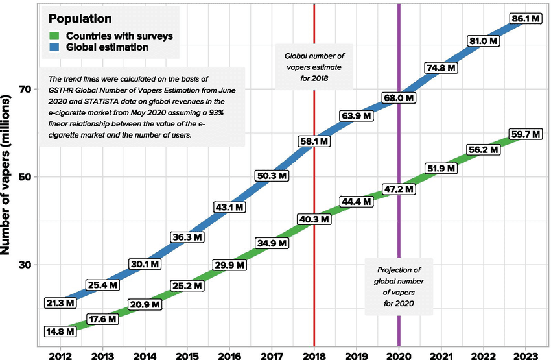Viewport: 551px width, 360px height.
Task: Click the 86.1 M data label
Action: tap(525, 18)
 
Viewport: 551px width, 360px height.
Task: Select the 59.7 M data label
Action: tap(525, 135)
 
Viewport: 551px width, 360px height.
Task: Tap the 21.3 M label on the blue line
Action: tap(61, 303)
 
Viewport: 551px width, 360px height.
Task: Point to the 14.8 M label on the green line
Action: tap(61, 331)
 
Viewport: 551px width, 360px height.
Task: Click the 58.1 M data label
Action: tap(315, 140)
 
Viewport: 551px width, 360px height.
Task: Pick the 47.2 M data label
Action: tap(399, 188)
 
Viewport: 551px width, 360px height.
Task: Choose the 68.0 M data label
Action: tap(399, 99)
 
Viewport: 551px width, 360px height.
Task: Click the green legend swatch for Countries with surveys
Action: tap(55, 35)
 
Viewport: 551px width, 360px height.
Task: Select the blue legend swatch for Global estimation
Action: tap(55, 47)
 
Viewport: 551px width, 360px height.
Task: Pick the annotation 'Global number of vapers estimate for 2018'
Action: tap(314, 67)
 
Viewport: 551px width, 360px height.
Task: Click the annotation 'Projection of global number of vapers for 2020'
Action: tap(399, 286)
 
